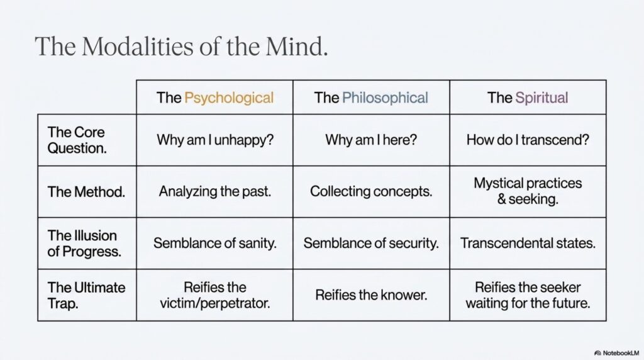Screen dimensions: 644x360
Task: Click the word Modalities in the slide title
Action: [138, 46]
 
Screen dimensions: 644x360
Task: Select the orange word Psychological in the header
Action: [229, 98]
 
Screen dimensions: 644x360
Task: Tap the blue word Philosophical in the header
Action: [385, 98]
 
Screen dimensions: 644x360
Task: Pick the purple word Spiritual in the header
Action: [541, 98]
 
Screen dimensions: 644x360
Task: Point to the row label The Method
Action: [86, 192]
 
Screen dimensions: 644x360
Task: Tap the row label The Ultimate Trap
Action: [86, 295]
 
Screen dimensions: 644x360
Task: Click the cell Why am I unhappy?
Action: [215, 140]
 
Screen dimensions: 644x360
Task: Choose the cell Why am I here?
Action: [371, 140]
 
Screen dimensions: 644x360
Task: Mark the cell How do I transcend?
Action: [528, 140]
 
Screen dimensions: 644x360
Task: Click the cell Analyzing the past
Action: [215, 191]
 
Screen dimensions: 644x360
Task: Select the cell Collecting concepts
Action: [371, 191]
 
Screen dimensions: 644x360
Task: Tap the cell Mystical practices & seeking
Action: [528, 191]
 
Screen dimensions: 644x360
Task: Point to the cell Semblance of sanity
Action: [215, 244]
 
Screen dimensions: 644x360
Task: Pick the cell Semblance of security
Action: [371, 244]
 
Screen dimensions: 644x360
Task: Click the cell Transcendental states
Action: [528, 244]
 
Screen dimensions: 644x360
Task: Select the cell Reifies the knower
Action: [371, 295]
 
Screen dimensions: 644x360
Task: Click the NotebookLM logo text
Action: [617, 353]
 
